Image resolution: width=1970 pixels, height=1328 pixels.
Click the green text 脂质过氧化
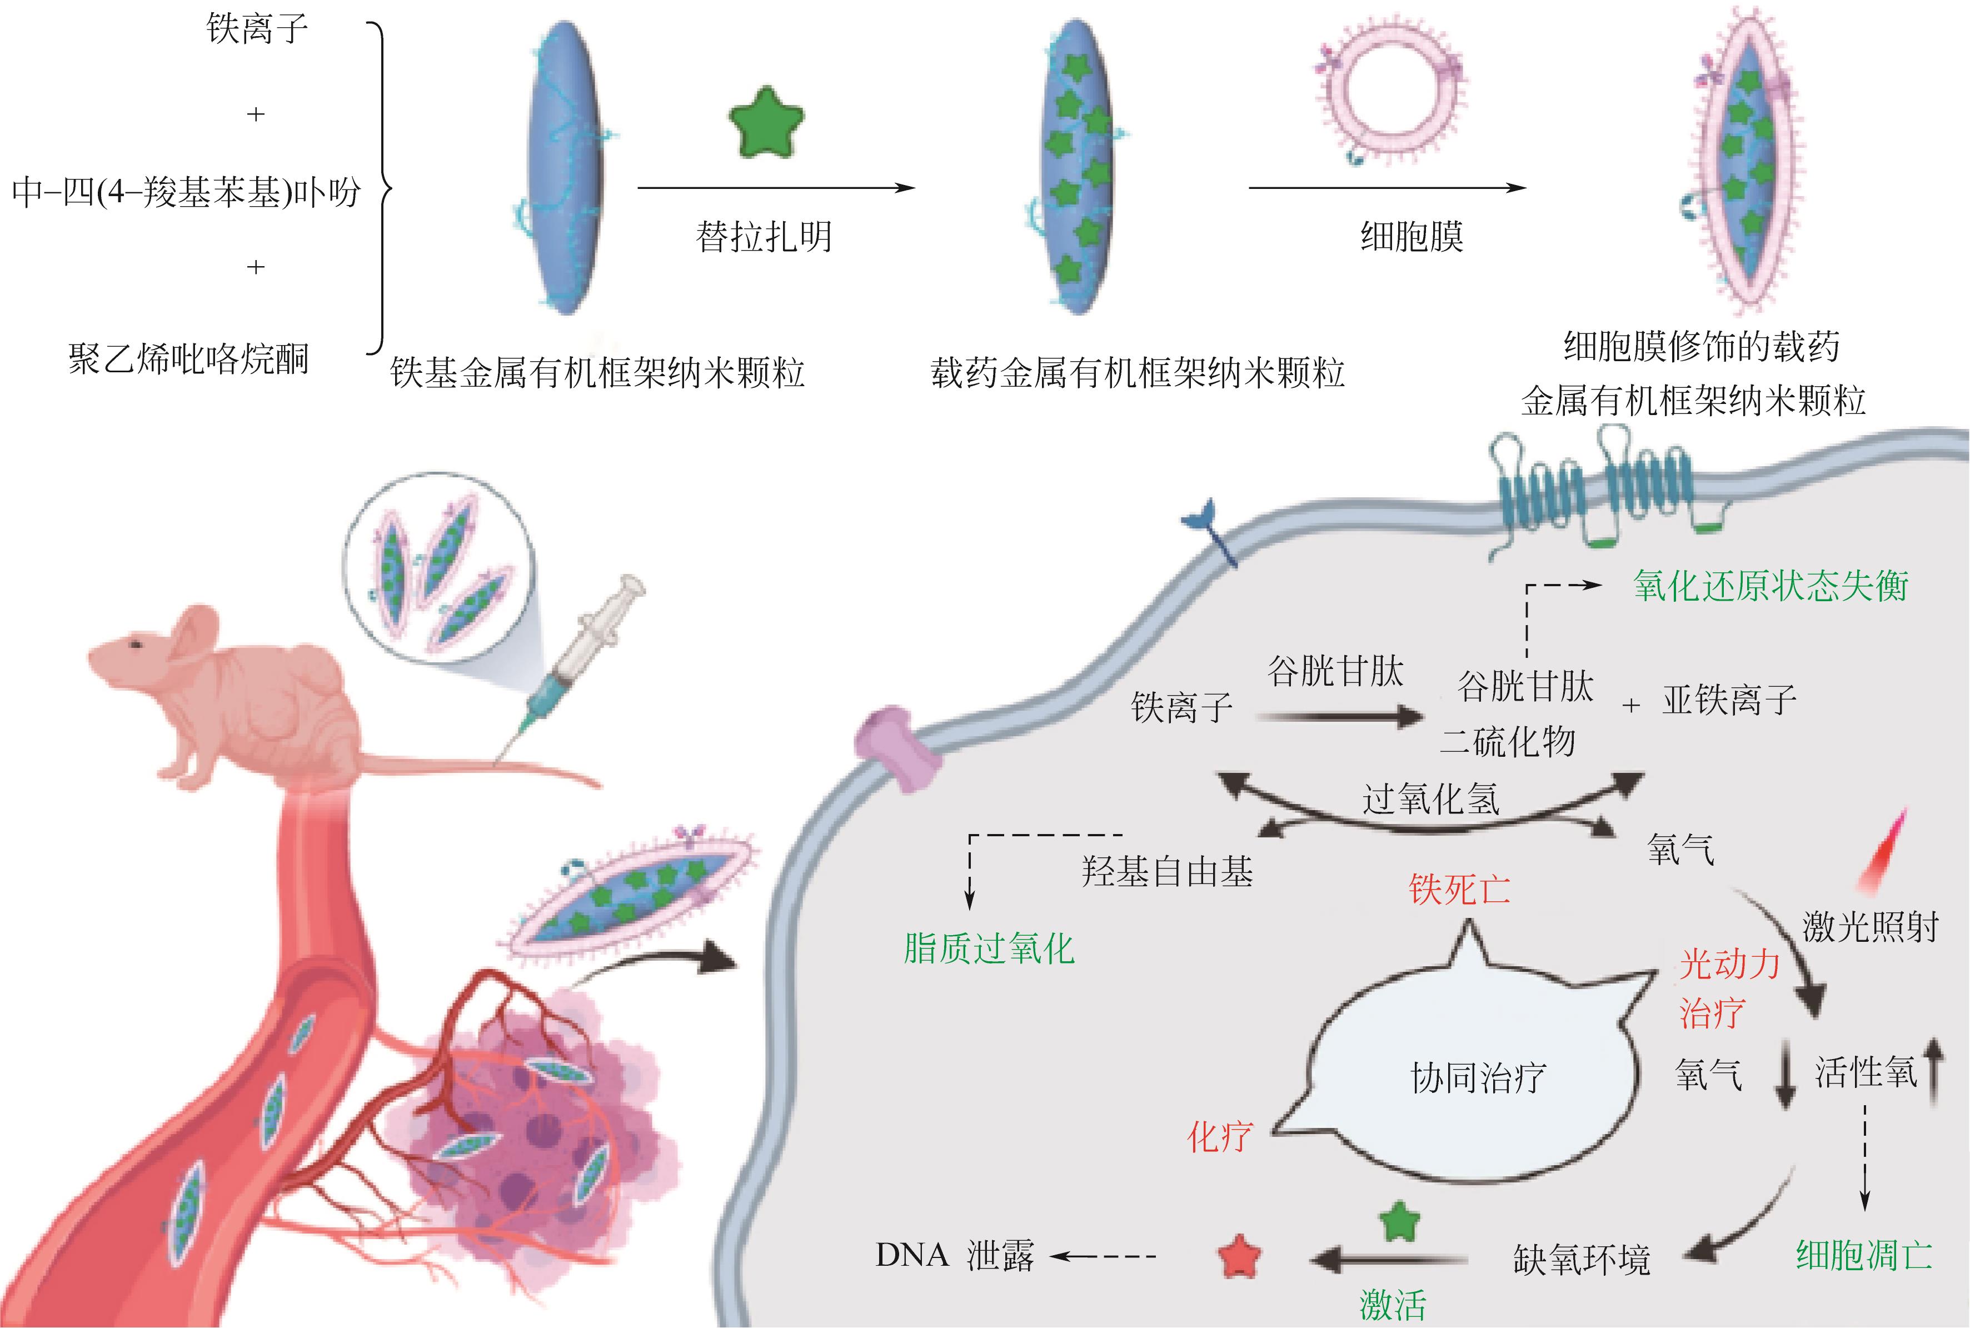click(x=989, y=948)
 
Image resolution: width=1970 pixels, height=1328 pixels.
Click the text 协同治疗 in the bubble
click(x=1478, y=1078)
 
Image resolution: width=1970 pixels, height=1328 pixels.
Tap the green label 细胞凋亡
click(x=1864, y=1254)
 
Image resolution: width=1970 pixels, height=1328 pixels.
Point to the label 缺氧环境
click(x=1581, y=1260)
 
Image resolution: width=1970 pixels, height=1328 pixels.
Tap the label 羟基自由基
click(x=1167, y=871)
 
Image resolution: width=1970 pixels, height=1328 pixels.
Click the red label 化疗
click(x=1220, y=1137)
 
